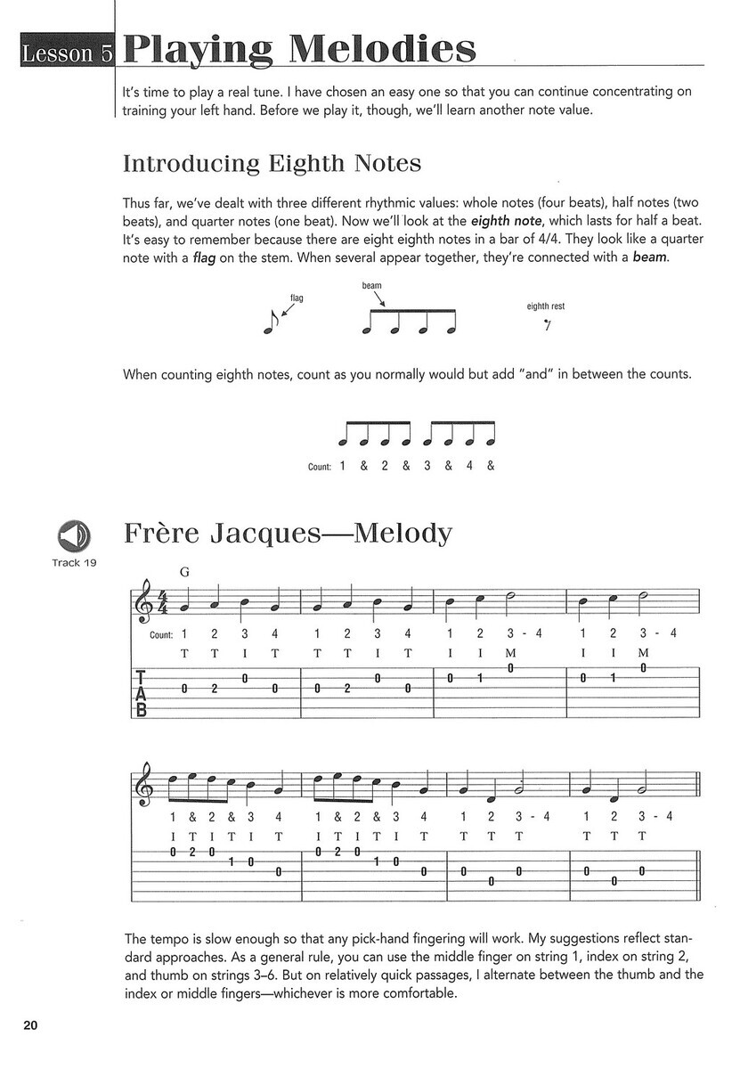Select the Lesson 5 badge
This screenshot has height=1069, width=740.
click(59, 53)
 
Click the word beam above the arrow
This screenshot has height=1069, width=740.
click(371, 285)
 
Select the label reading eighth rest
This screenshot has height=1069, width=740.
click(545, 306)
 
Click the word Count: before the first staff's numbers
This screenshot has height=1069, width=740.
click(160, 635)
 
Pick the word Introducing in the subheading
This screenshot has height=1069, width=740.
click(180, 165)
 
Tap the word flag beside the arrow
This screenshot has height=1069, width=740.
click(297, 298)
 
